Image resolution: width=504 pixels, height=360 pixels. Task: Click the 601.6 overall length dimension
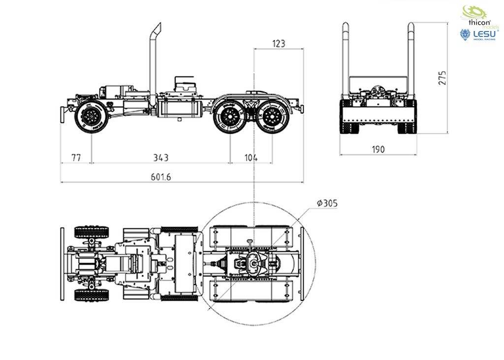click(x=161, y=177)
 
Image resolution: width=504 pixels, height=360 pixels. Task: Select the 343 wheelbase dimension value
click(x=161, y=158)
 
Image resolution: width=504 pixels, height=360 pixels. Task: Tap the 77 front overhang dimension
click(x=76, y=158)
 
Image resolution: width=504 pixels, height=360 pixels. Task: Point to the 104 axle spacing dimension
click(x=251, y=158)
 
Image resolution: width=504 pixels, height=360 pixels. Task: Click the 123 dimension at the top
click(x=278, y=44)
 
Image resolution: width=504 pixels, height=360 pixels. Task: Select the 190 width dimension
click(x=378, y=149)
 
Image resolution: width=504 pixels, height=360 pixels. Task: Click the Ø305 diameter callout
click(x=327, y=203)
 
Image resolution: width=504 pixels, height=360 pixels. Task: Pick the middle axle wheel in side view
click(x=229, y=117)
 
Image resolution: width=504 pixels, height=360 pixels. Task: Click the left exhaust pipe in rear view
click(x=346, y=59)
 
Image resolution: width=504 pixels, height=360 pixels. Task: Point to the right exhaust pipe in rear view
click(x=410, y=59)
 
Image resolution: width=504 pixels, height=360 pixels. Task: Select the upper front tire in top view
click(x=92, y=231)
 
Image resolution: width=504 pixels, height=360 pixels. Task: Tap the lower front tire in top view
click(x=92, y=295)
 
